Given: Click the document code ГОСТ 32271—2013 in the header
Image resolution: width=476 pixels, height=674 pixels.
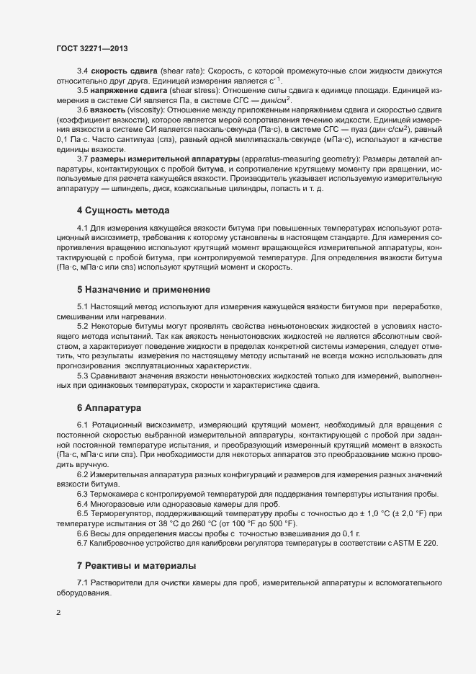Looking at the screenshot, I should pyautogui.click(x=91, y=48).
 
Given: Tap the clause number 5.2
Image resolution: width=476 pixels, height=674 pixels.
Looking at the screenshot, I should pyautogui.click(x=83, y=327).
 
